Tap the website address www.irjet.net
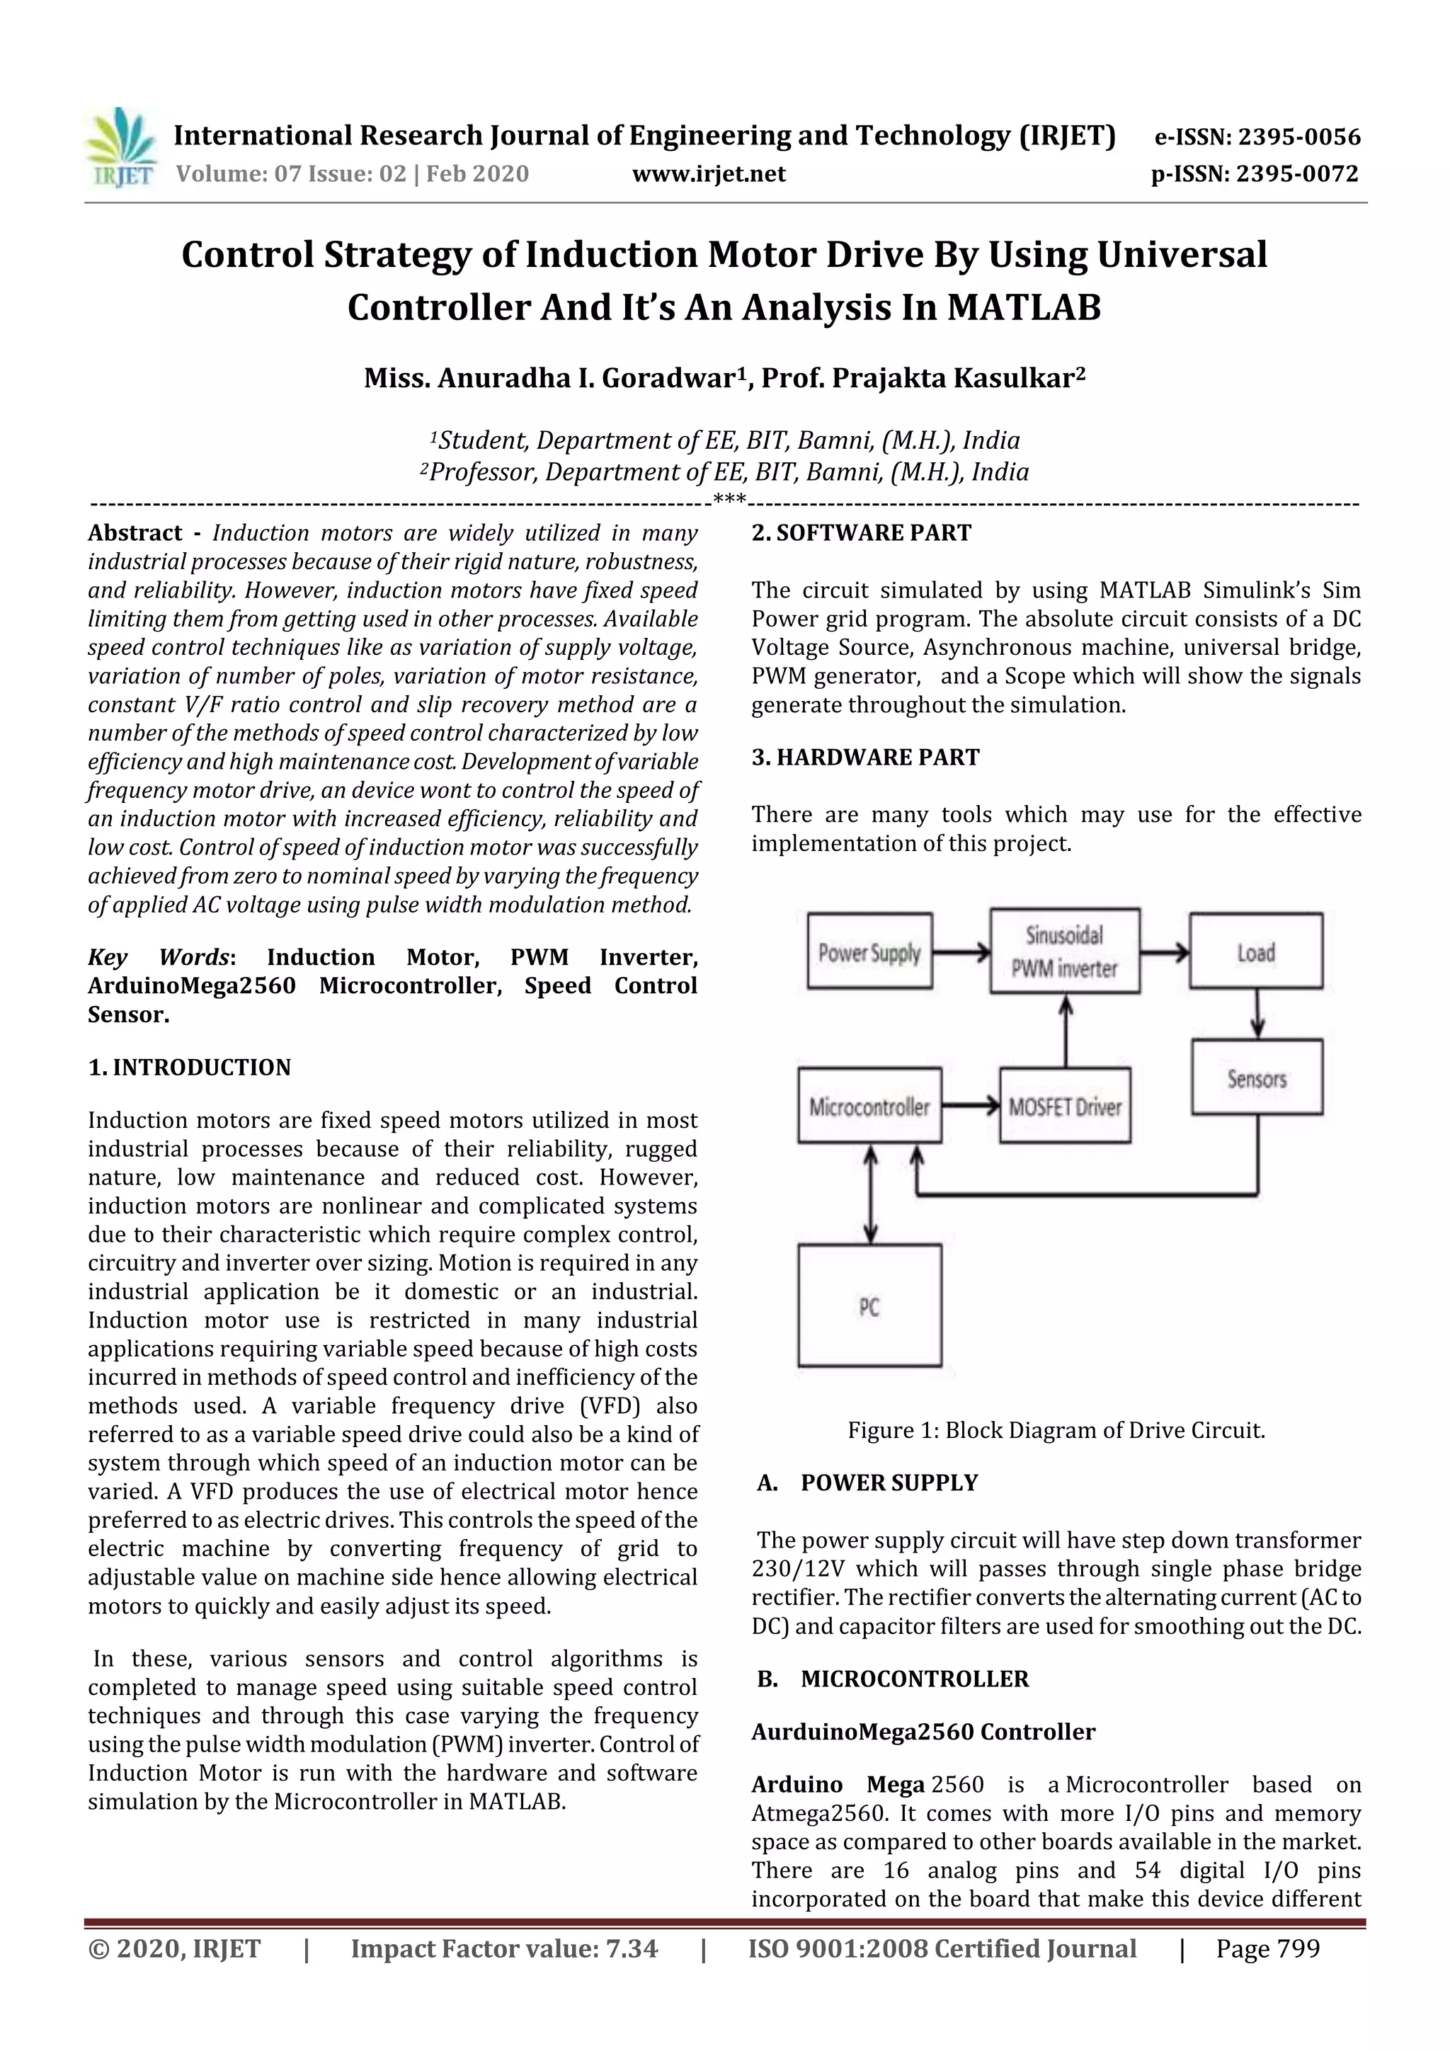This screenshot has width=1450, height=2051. coord(709,173)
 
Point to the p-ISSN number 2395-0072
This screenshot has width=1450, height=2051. coord(1297,173)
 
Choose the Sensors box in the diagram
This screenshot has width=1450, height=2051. coord(1256,1078)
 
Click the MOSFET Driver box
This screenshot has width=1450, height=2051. coord(1064,1107)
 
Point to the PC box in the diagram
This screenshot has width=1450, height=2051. coord(869,1307)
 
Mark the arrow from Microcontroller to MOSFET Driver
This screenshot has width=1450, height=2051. coord(970,1107)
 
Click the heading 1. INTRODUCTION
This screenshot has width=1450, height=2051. coord(190,1068)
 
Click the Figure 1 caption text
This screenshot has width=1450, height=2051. coord(1056,1430)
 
